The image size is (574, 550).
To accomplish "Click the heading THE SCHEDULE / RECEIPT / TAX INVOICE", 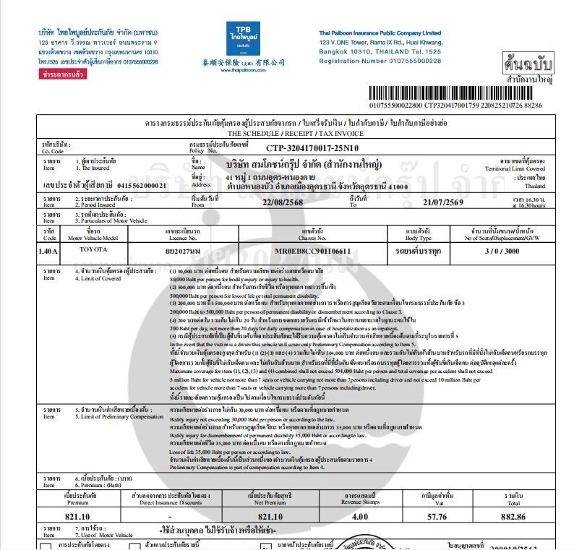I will [x=287, y=134].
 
